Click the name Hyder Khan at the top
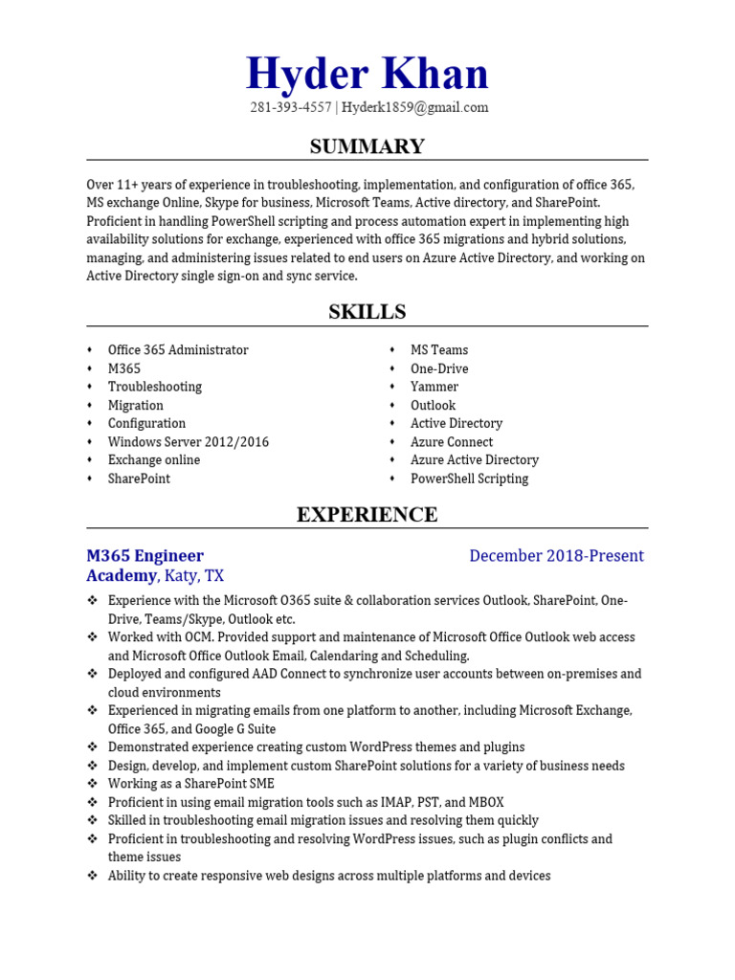pos(367,75)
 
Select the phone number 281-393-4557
pos(290,108)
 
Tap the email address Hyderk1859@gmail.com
pos(415,108)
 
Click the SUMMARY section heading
pos(367,146)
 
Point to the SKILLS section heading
pos(367,312)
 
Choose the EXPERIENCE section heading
pos(367,515)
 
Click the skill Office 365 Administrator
pos(178,350)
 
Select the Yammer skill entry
pos(434,387)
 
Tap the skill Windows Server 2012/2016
pos(189,442)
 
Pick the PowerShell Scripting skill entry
pos(469,479)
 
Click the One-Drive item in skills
pos(439,368)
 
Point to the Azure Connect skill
pos(452,442)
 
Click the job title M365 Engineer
pos(145,556)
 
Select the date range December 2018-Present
pos(556,556)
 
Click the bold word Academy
pos(121,576)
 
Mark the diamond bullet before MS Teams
pos(393,350)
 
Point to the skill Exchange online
pos(154,460)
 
